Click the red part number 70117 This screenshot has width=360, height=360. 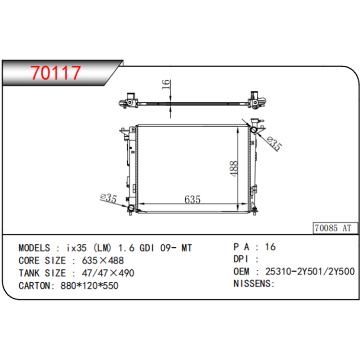click(x=56, y=73)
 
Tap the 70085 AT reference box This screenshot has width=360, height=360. click(x=335, y=228)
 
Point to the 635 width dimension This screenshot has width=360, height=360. click(x=192, y=199)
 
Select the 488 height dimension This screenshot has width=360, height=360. click(x=234, y=168)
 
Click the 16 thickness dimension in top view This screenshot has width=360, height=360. click(x=166, y=84)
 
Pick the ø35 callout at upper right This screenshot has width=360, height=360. click(x=275, y=143)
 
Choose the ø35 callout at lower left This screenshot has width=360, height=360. click(x=108, y=198)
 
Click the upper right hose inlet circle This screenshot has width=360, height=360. click(x=253, y=130)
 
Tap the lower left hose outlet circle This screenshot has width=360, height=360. click(x=131, y=208)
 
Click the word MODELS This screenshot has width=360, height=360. click(x=34, y=248)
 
